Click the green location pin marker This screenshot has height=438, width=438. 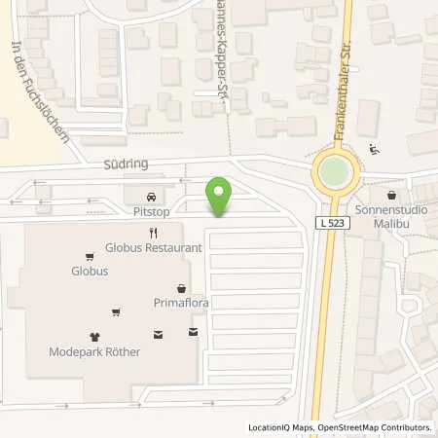point(220,195)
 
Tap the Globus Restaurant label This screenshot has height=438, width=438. point(155,247)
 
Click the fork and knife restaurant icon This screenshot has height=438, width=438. point(154,233)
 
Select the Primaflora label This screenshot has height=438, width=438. point(182,303)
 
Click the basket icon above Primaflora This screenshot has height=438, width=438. point(182,288)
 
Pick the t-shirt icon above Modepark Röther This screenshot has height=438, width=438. point(95,337)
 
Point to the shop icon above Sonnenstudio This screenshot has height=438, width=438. point(391,195)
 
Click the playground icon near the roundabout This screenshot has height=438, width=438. point(375,150)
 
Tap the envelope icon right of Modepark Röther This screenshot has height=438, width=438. point(193,333)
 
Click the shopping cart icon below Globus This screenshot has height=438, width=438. point(117,312)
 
